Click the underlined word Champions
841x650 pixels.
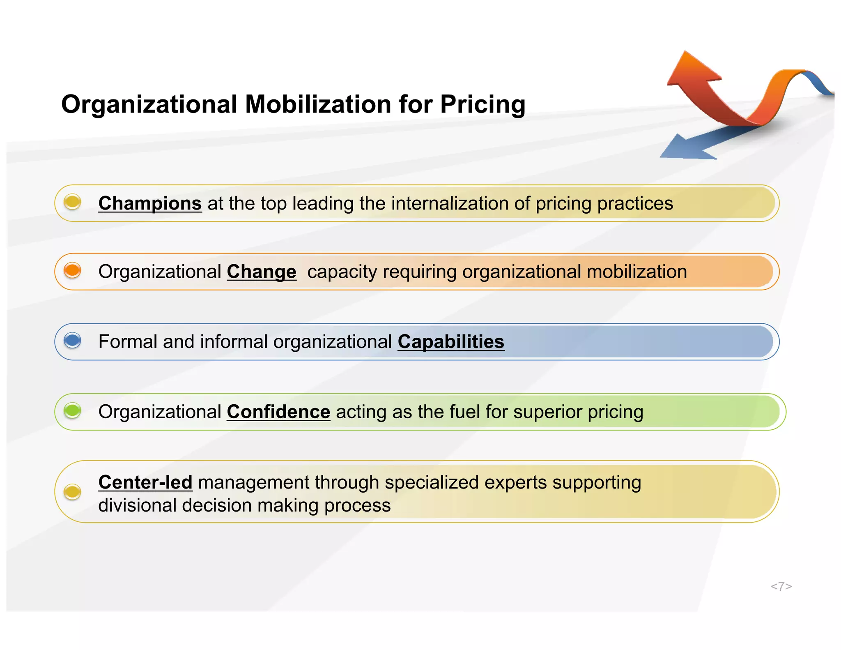pyautogui.click(x=150, y=203)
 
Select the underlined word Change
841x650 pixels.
pyautogui.click(x=261, y=272)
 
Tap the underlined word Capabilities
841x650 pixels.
pyautogui.click(x=450, y=342)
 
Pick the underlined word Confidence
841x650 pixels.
pyautogui.click(x=278, y=412)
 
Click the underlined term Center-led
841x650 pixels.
pyautogui.click(x=145, y=482)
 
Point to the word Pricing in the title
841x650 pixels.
pyautogui.click(x=483, y=104)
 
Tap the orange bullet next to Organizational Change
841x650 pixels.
pyautogui.click(x=73, y=270)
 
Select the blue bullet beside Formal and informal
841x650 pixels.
pyautogui.click(x=73, y=340)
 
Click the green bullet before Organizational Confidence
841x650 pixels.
pyautogui.click(x=73, y=410)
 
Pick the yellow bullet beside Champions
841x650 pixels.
pyautogui.click(x=73, y=202)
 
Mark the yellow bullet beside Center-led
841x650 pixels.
pyautogui.click(x=73, y=491)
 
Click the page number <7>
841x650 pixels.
pyautogui.click(x=781, y=586)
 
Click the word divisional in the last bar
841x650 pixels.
pyautogui.click(x=137, y=505)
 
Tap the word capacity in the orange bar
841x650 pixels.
pyautogui.click(x=340, y=272)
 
